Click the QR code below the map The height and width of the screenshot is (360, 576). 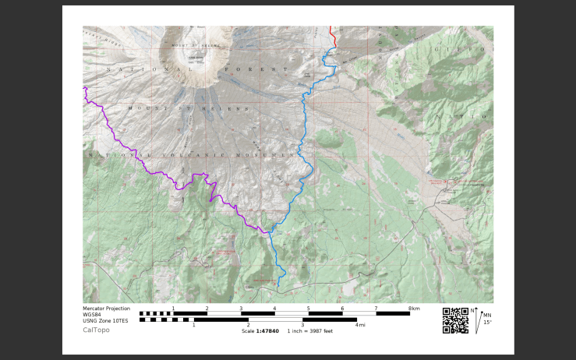tap(455, 320)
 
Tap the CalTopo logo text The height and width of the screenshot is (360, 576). tap(96, 330)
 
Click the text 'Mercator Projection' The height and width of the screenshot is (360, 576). tap(106, 309)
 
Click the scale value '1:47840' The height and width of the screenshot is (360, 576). tap(267, 331)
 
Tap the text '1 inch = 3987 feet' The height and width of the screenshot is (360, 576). tap(310, 331)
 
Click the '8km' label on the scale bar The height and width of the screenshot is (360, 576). tap(414, 309)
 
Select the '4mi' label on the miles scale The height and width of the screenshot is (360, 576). tap(360, 325)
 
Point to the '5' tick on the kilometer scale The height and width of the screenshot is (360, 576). tap(308, 309)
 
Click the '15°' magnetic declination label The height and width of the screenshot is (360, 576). tap(487, 322)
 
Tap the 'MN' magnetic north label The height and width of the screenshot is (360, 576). tap(487, 315)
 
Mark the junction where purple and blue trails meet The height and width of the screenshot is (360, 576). tap(269, 231)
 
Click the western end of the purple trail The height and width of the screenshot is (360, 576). tap(84, 89)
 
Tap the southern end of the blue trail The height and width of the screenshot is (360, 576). tap(278, 285)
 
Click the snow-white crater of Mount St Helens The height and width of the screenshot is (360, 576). tap(192, 59)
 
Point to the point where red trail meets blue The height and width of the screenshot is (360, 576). tap(334, 47)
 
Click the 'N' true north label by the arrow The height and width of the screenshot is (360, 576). tap(472, 310)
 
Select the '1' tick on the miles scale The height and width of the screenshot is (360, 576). tap(193, 325)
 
